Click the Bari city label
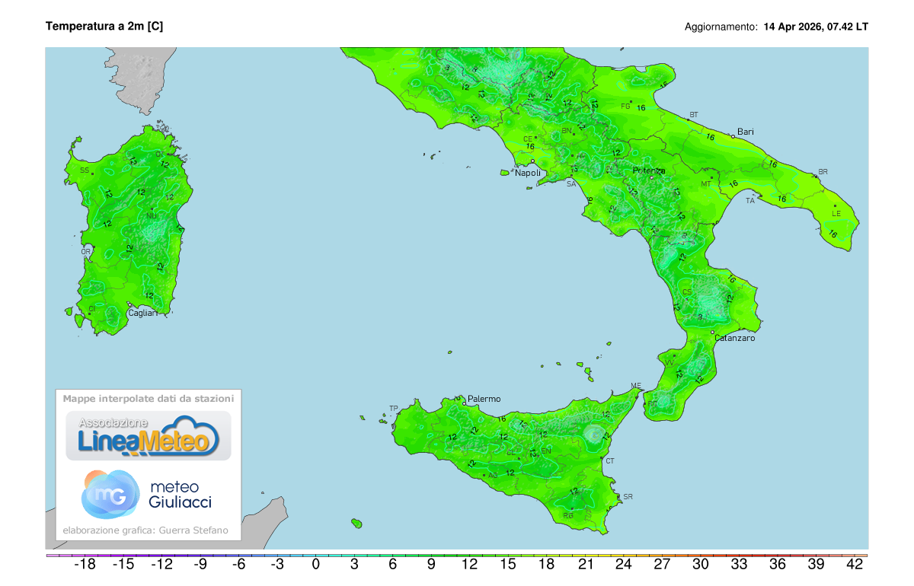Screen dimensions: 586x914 point(745,132)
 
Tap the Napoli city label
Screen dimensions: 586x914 point(528,173)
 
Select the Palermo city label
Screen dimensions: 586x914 point(484,399)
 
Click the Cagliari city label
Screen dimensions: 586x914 point(143,313)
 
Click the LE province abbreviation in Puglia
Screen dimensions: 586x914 point(836,214)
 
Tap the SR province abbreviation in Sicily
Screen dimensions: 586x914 point(628,497)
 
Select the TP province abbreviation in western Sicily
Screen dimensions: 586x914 point(394,409)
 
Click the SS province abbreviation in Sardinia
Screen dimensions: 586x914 point(85,170)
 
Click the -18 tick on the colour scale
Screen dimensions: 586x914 point(84,565)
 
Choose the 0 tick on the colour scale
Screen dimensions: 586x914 point(316,565)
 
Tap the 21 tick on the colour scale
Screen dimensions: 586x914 point(586,565)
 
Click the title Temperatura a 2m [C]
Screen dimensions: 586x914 point(104,27)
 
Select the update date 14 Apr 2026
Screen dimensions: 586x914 point(792,27)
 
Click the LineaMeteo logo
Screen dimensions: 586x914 point(149,436)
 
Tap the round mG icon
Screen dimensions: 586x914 point(110,494)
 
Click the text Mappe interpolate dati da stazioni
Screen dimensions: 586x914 point(149,398)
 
